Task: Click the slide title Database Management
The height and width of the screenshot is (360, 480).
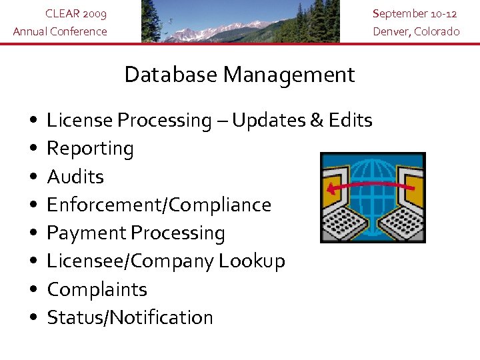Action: [239, 75]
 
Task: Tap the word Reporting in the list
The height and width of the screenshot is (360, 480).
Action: [90, 149]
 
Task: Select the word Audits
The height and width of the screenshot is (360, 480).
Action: [75, 177]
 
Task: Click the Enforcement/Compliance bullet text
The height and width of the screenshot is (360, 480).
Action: [159, 205]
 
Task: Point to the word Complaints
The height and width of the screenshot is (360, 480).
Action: [97, 289]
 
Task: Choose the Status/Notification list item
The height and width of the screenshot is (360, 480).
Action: [130, 317]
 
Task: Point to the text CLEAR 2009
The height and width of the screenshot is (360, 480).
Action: [75, 14]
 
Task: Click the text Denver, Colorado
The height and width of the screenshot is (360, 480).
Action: [416, 31]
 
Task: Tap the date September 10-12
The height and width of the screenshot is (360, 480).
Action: [415, 14]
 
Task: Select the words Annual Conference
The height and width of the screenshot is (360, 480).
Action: [60, 31]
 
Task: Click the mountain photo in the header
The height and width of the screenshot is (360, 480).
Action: [240, 21]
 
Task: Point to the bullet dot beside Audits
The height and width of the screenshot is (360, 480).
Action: [33, 177]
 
